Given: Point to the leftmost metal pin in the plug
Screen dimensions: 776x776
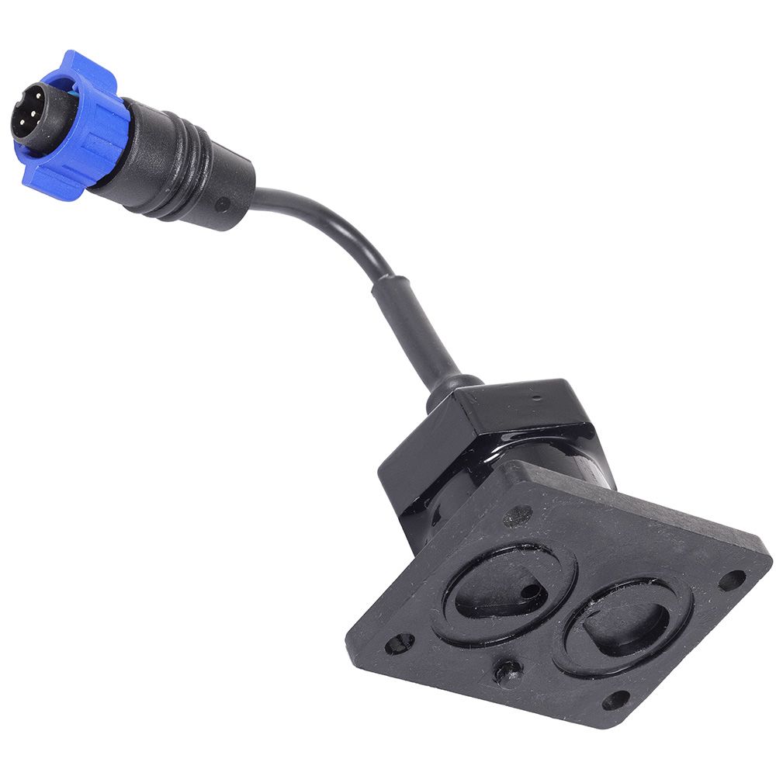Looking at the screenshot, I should [21, 122].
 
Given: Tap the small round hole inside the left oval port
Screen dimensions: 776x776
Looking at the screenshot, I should [530, 591].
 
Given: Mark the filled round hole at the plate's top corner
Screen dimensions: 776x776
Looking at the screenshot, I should [517, 515].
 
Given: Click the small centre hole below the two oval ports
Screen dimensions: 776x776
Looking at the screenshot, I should [507, 669].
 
